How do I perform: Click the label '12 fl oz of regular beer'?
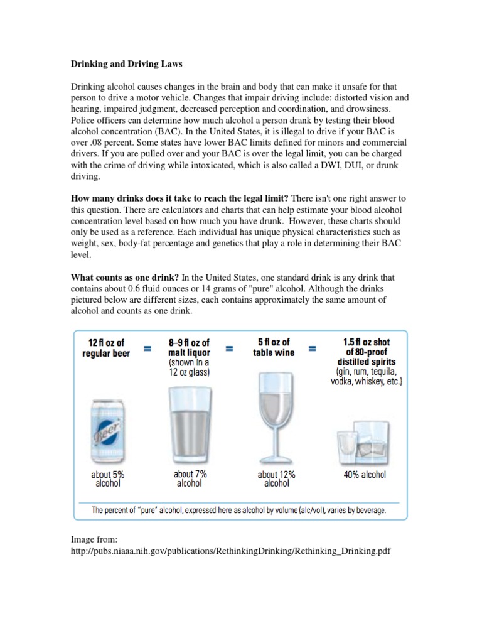[106, 347]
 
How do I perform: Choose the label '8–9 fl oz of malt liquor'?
[189, 348]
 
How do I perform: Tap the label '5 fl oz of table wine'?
[274, 347]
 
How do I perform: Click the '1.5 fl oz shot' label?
[367, 342]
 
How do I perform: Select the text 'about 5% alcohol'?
[108, 479]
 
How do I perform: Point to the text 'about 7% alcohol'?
[190, 478]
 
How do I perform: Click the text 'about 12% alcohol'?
[276, 479]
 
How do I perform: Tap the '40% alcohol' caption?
[364, 475]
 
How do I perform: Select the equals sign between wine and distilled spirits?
[312, 348]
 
